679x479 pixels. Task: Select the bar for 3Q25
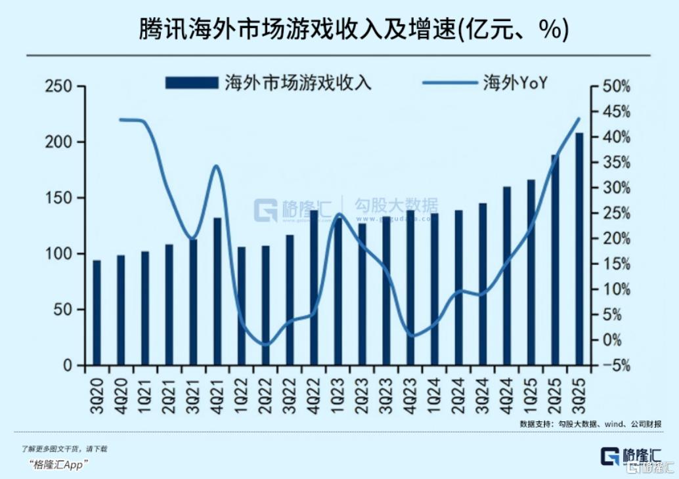point(579,249)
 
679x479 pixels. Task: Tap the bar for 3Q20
point(97,312)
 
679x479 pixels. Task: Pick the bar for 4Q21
point(217,291)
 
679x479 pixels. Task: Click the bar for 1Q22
point(242,306)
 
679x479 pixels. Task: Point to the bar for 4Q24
point(507,276)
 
